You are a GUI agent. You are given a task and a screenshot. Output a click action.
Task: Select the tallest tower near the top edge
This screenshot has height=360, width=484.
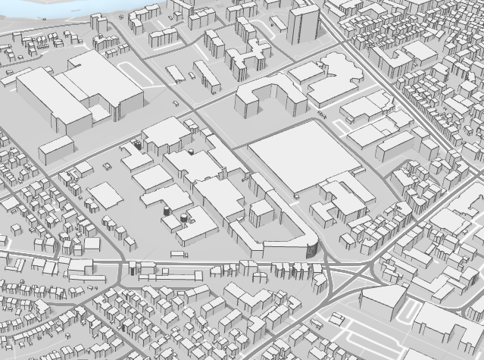pos(302,27)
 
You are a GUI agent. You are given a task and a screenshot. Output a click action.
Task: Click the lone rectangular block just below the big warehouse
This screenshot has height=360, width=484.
pos(56,149)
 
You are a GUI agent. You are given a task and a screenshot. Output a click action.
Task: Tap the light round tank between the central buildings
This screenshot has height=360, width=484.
pos(191,151)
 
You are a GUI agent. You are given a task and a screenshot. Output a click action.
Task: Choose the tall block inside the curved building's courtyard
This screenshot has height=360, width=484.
pos(261,211)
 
